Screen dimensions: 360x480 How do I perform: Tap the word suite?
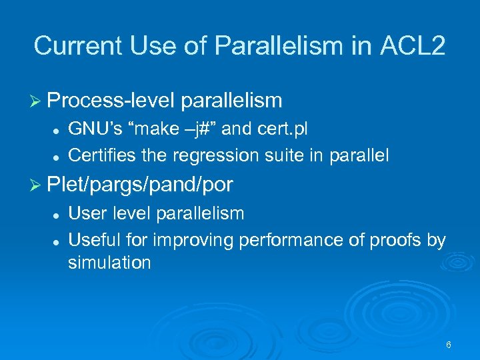pyautogui.click(x=280, y=155)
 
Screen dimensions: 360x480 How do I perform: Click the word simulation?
pyautogui.click(x=109, y=263)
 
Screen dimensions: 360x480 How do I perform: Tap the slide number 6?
pyautogui.click(x=448, y=345)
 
